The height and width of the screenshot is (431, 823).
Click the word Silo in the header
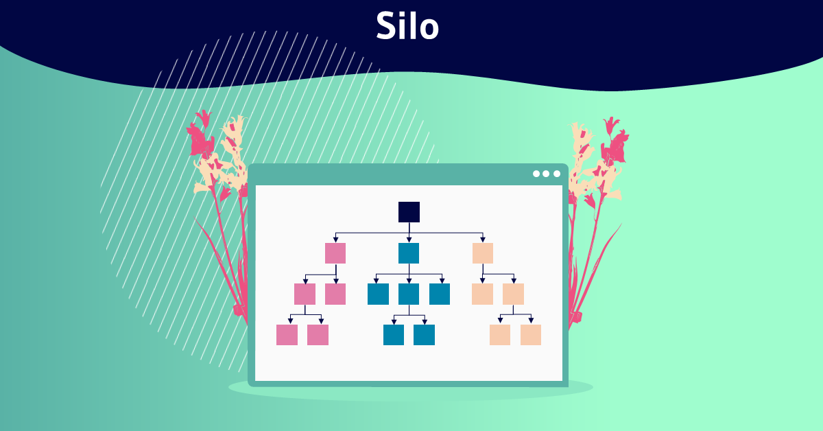pyautogui.click(x=407, y=27)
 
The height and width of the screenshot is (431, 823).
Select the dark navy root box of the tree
pyautogui.click(x=409, y=212)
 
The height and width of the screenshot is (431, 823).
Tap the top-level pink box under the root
pyautogui.click(x=335, y=253)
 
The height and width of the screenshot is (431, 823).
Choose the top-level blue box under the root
pyautogui.click(x=409, y=253)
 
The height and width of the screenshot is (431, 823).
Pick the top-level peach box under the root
pyautogui.click(x=483, y=253)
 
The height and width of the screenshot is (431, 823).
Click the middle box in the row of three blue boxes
pyautogui.click(x=409, y=294)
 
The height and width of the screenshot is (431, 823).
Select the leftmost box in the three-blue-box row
pyautogui.click(x=378, y=294)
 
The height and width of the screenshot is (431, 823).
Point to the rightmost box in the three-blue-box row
pyautogui.click(x=440, y=294)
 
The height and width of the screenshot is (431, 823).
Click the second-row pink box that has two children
pyautogui.click(x=305, y=294)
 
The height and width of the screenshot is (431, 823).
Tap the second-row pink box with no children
pyautogui.click(x=335, y=294)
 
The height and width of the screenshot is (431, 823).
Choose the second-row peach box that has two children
pyautogui.click(x=513, y=294)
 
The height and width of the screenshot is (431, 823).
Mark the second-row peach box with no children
pyautogui.click(x=482, y=294)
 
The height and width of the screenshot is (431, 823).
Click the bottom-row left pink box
pyautogui.click(x=287, y=335)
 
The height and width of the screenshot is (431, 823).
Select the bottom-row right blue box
pyautogui.click(x=424, y=335)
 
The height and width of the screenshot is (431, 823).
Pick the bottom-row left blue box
pyautogui.click(x=394, y=335)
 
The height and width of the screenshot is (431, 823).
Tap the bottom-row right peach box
pyautogui.click(x=531, y=335)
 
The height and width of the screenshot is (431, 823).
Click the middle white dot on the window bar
pyautogui.click(x=546, y=174)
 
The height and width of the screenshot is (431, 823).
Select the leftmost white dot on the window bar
pyautogui.click(x=536, y=174)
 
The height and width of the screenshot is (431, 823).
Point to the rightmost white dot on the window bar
pyautogui.click(x=556, y=174)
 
